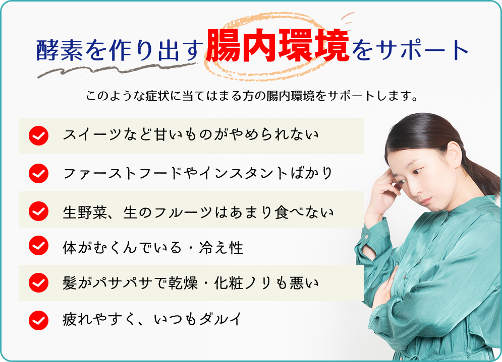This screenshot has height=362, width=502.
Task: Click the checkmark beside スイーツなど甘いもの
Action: (x=38, y=136)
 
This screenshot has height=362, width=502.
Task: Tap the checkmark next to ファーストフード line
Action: (x=38, y=174)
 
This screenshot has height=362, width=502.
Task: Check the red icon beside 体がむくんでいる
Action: (x=38, y=246)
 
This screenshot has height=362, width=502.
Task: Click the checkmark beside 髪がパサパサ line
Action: (x=38, y=282)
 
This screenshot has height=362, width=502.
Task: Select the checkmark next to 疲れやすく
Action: (x=38, y=320)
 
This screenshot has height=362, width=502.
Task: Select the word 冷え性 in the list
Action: (x=229, y=247)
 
